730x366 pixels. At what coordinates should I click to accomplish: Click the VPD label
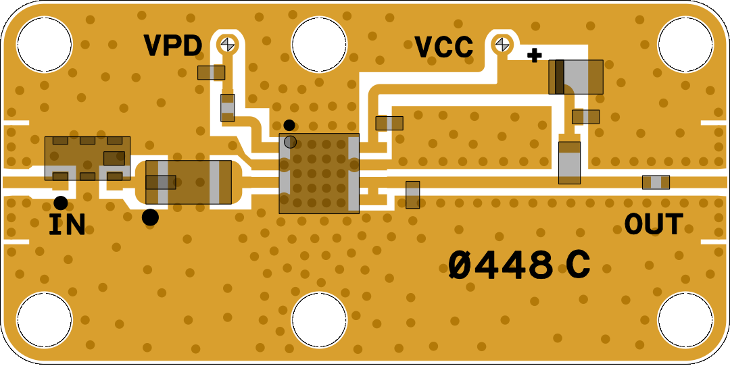[x=173, y=46]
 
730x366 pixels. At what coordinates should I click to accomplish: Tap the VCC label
[x=443, y=47]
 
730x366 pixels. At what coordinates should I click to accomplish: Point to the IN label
[x=68, y=225]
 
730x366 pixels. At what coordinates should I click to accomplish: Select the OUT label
[x=654, y=224]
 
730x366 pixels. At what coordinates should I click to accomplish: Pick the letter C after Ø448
[x=578, y=265]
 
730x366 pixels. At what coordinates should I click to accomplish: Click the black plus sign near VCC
[x=535, y=56]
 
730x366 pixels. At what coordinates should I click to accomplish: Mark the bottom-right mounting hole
[x=685, y=319]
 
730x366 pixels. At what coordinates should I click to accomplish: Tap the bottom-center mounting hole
[x=320, y=319]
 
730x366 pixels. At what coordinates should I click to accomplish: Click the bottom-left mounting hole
[x=44, y=319]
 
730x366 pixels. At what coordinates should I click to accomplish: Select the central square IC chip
[x=319, y=174]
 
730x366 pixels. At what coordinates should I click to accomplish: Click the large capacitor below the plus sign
[x=576, y=77]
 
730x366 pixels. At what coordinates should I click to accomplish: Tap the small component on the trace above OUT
[x=656, y=182]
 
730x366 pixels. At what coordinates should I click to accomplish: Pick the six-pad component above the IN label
[x=87, y=159]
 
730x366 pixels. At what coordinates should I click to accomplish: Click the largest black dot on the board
[x=150, y=217]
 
